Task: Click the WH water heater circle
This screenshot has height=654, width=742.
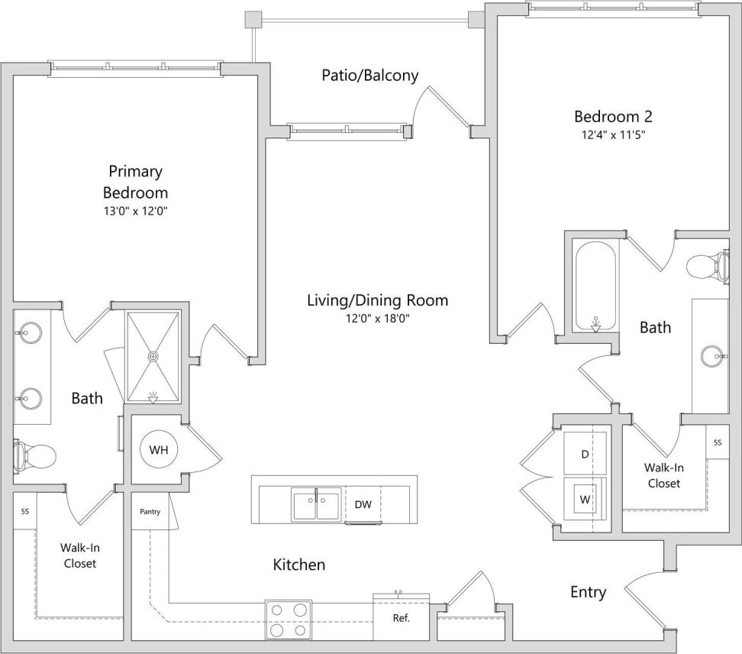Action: pos(159,450)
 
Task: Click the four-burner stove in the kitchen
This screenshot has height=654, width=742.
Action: pos(289,619)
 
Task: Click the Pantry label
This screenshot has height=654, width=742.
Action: pos(150,512)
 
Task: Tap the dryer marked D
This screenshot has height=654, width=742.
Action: pos(585,454)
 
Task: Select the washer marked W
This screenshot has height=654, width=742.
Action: pos(585,500)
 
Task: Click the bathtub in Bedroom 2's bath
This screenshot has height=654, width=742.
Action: pos(596,287)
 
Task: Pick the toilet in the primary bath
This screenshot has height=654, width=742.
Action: pos(34,456)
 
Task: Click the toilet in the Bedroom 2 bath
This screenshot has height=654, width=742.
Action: pos(707,267)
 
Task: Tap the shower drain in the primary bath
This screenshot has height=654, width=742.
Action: pos(153,356)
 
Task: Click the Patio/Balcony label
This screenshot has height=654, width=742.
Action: pos(369,75)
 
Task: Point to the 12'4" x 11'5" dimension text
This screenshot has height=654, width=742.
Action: pos(613,136)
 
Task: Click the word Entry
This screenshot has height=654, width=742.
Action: pos(589,592)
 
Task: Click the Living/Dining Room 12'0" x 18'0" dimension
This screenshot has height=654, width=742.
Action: pos(377,319)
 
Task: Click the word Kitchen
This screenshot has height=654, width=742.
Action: pos(299,565)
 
